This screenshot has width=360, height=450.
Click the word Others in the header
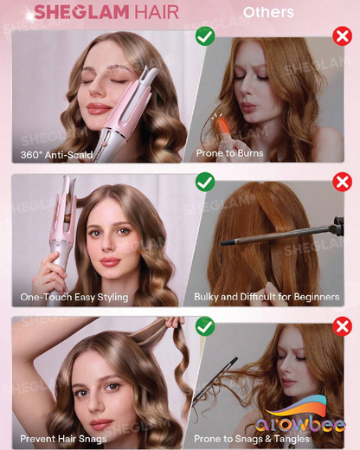(x=267, y=13)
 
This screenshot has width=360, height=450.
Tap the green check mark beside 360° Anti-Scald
(x=205, y=36)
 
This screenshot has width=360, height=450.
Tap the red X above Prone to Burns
(x=343, y=36)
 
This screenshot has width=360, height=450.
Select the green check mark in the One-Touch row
(x=205, y=182)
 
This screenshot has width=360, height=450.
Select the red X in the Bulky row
(x=343, y=182)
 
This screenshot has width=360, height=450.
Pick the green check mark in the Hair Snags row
(x=205, y=326)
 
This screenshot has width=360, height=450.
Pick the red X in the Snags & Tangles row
(x=343, y=326)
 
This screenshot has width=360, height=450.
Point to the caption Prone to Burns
(x=229, y=154)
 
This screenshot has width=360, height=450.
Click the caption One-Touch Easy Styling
(x=74, y=298)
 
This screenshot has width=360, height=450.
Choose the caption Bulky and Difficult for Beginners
(x=266, y=298)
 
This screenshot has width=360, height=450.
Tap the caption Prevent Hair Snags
(x=62, y=439)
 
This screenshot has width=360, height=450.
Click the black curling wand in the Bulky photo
(x=286, y=235)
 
